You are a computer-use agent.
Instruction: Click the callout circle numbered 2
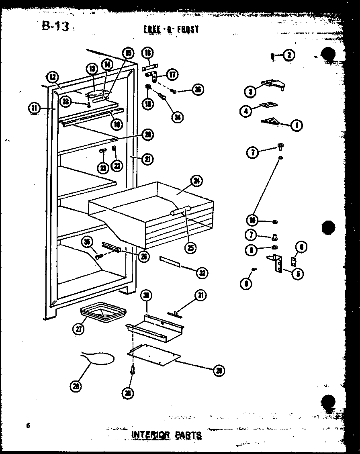click(x=288, y=55)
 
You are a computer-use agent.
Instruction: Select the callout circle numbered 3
click(x=250, y=91)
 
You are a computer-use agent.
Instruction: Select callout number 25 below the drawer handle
click(x=191, y=248)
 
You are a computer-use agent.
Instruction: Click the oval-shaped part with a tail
click(x=98, y=357)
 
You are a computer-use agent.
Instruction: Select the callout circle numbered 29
click(x=219, y=370)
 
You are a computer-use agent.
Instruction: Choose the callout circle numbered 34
click(x=176, y=117)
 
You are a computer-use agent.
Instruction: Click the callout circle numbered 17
click(x=172, y=75)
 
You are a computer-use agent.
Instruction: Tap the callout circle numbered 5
click(x=298, y=274)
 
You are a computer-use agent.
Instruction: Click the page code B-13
click(x=55, y=26)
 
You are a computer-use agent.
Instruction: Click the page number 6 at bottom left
click(x=29, y=425)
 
